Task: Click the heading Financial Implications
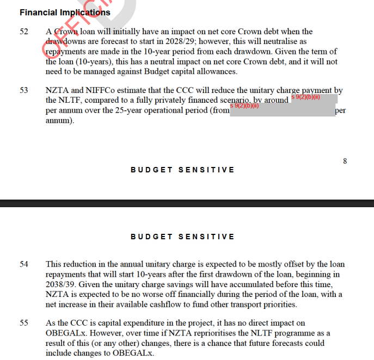click(x=65, y=12)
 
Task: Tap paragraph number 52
click(x=24, y=32)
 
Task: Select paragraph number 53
click(x=24, y=90)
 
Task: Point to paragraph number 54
click(x=24, y=265)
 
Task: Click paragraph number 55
click(x=24, y=323)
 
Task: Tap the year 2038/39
click(x=62, y=284)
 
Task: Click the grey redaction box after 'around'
click(x=314, y=100)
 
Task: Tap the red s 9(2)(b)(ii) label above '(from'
click(x=244, y=105)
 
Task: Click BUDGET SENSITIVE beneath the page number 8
click(x=182, y=170)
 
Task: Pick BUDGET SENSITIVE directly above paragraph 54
click(x=182, y=237)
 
